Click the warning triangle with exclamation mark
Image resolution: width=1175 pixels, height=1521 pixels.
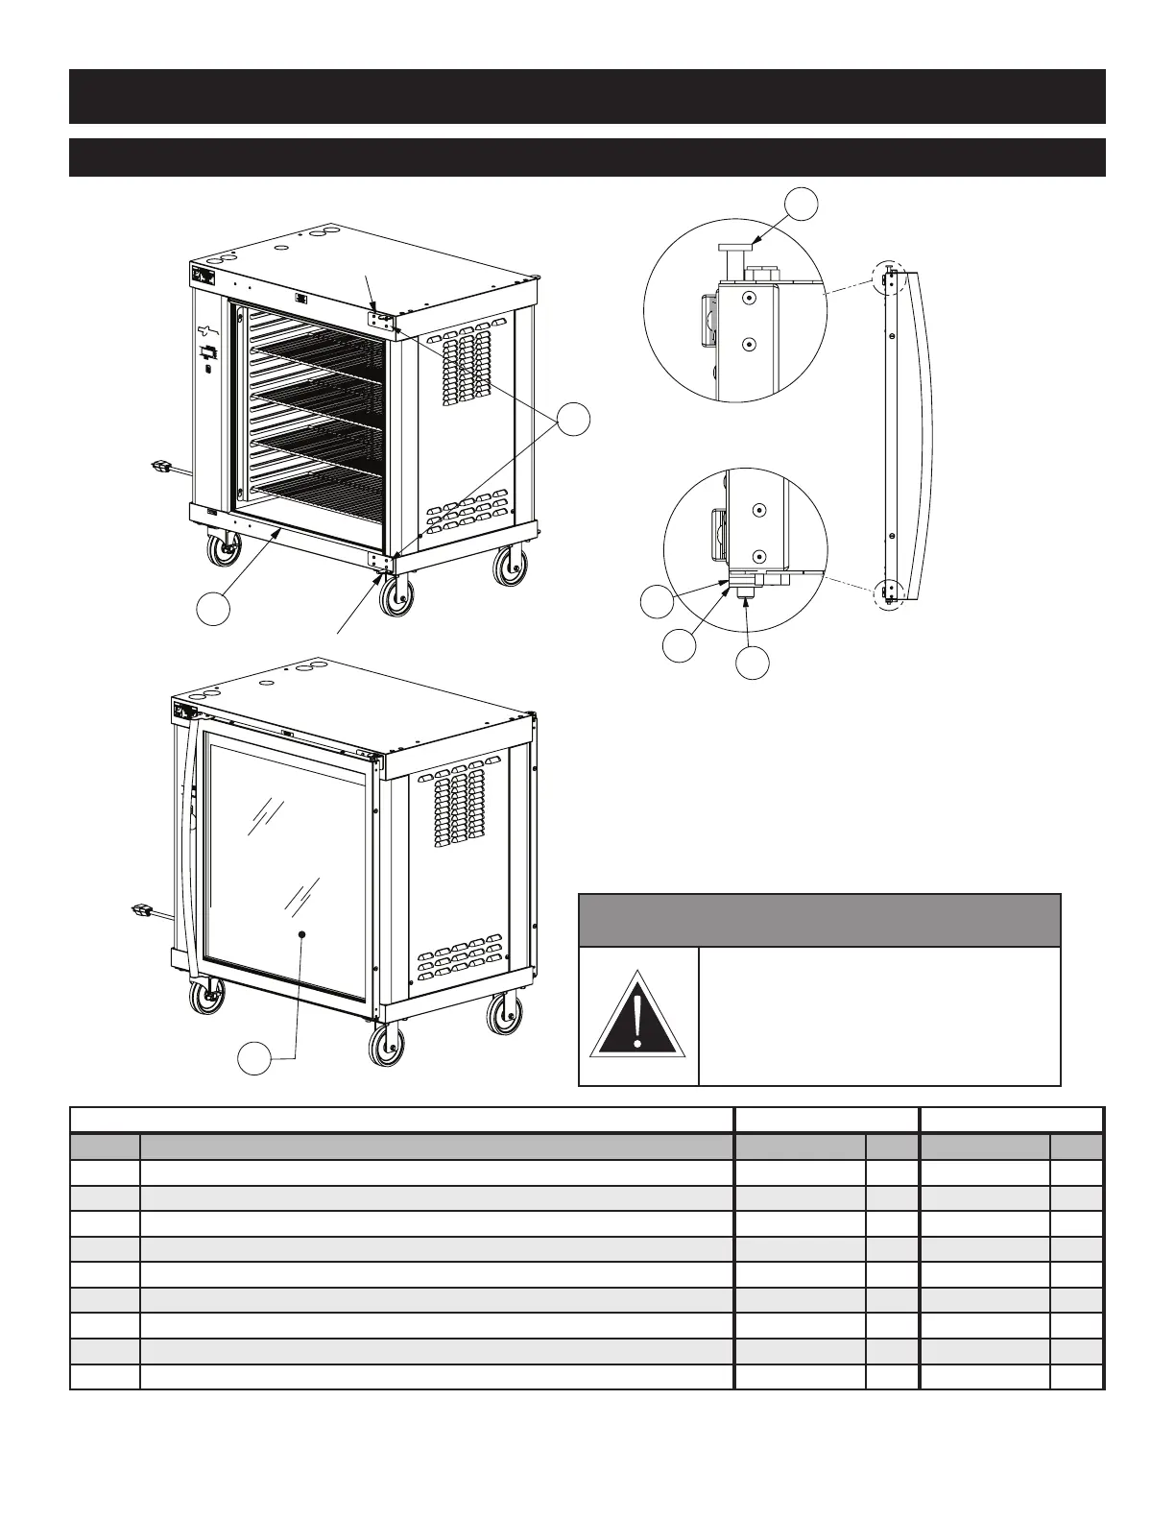(637, 1015)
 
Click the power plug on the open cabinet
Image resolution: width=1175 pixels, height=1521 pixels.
(161, 468)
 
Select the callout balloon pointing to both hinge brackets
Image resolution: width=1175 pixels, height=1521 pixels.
(573, 421)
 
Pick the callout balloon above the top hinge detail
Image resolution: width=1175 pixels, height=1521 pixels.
(801, 205)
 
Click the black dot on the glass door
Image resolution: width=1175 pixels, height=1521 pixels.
(301, 933)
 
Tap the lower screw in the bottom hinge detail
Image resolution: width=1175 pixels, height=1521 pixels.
(759, 556)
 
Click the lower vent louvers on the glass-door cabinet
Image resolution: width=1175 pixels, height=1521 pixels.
(460, 957)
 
